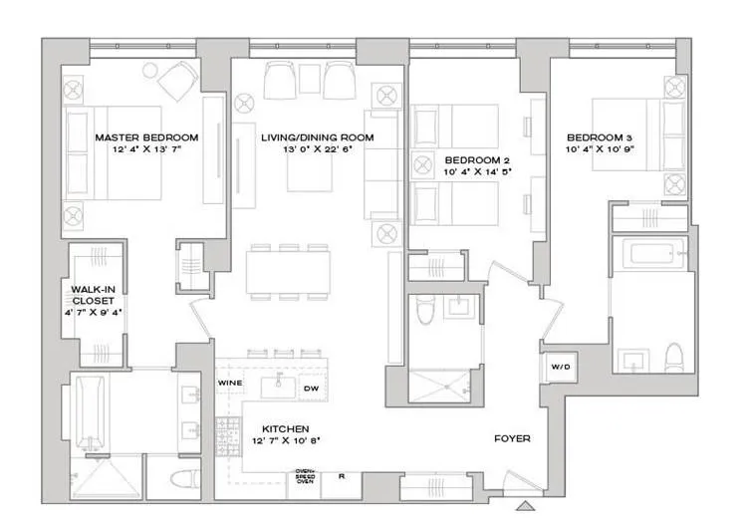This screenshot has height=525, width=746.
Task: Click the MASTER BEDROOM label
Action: point(145,137)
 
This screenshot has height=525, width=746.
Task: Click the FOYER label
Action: point(512,438)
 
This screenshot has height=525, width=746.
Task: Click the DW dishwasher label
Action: point(309,388)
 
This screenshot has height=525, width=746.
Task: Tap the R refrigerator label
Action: point(342,477)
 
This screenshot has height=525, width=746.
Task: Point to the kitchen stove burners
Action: point(228,433)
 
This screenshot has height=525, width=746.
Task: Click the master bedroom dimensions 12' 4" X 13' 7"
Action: point(145,150)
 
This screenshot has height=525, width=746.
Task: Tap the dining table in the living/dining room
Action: point(289,269)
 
